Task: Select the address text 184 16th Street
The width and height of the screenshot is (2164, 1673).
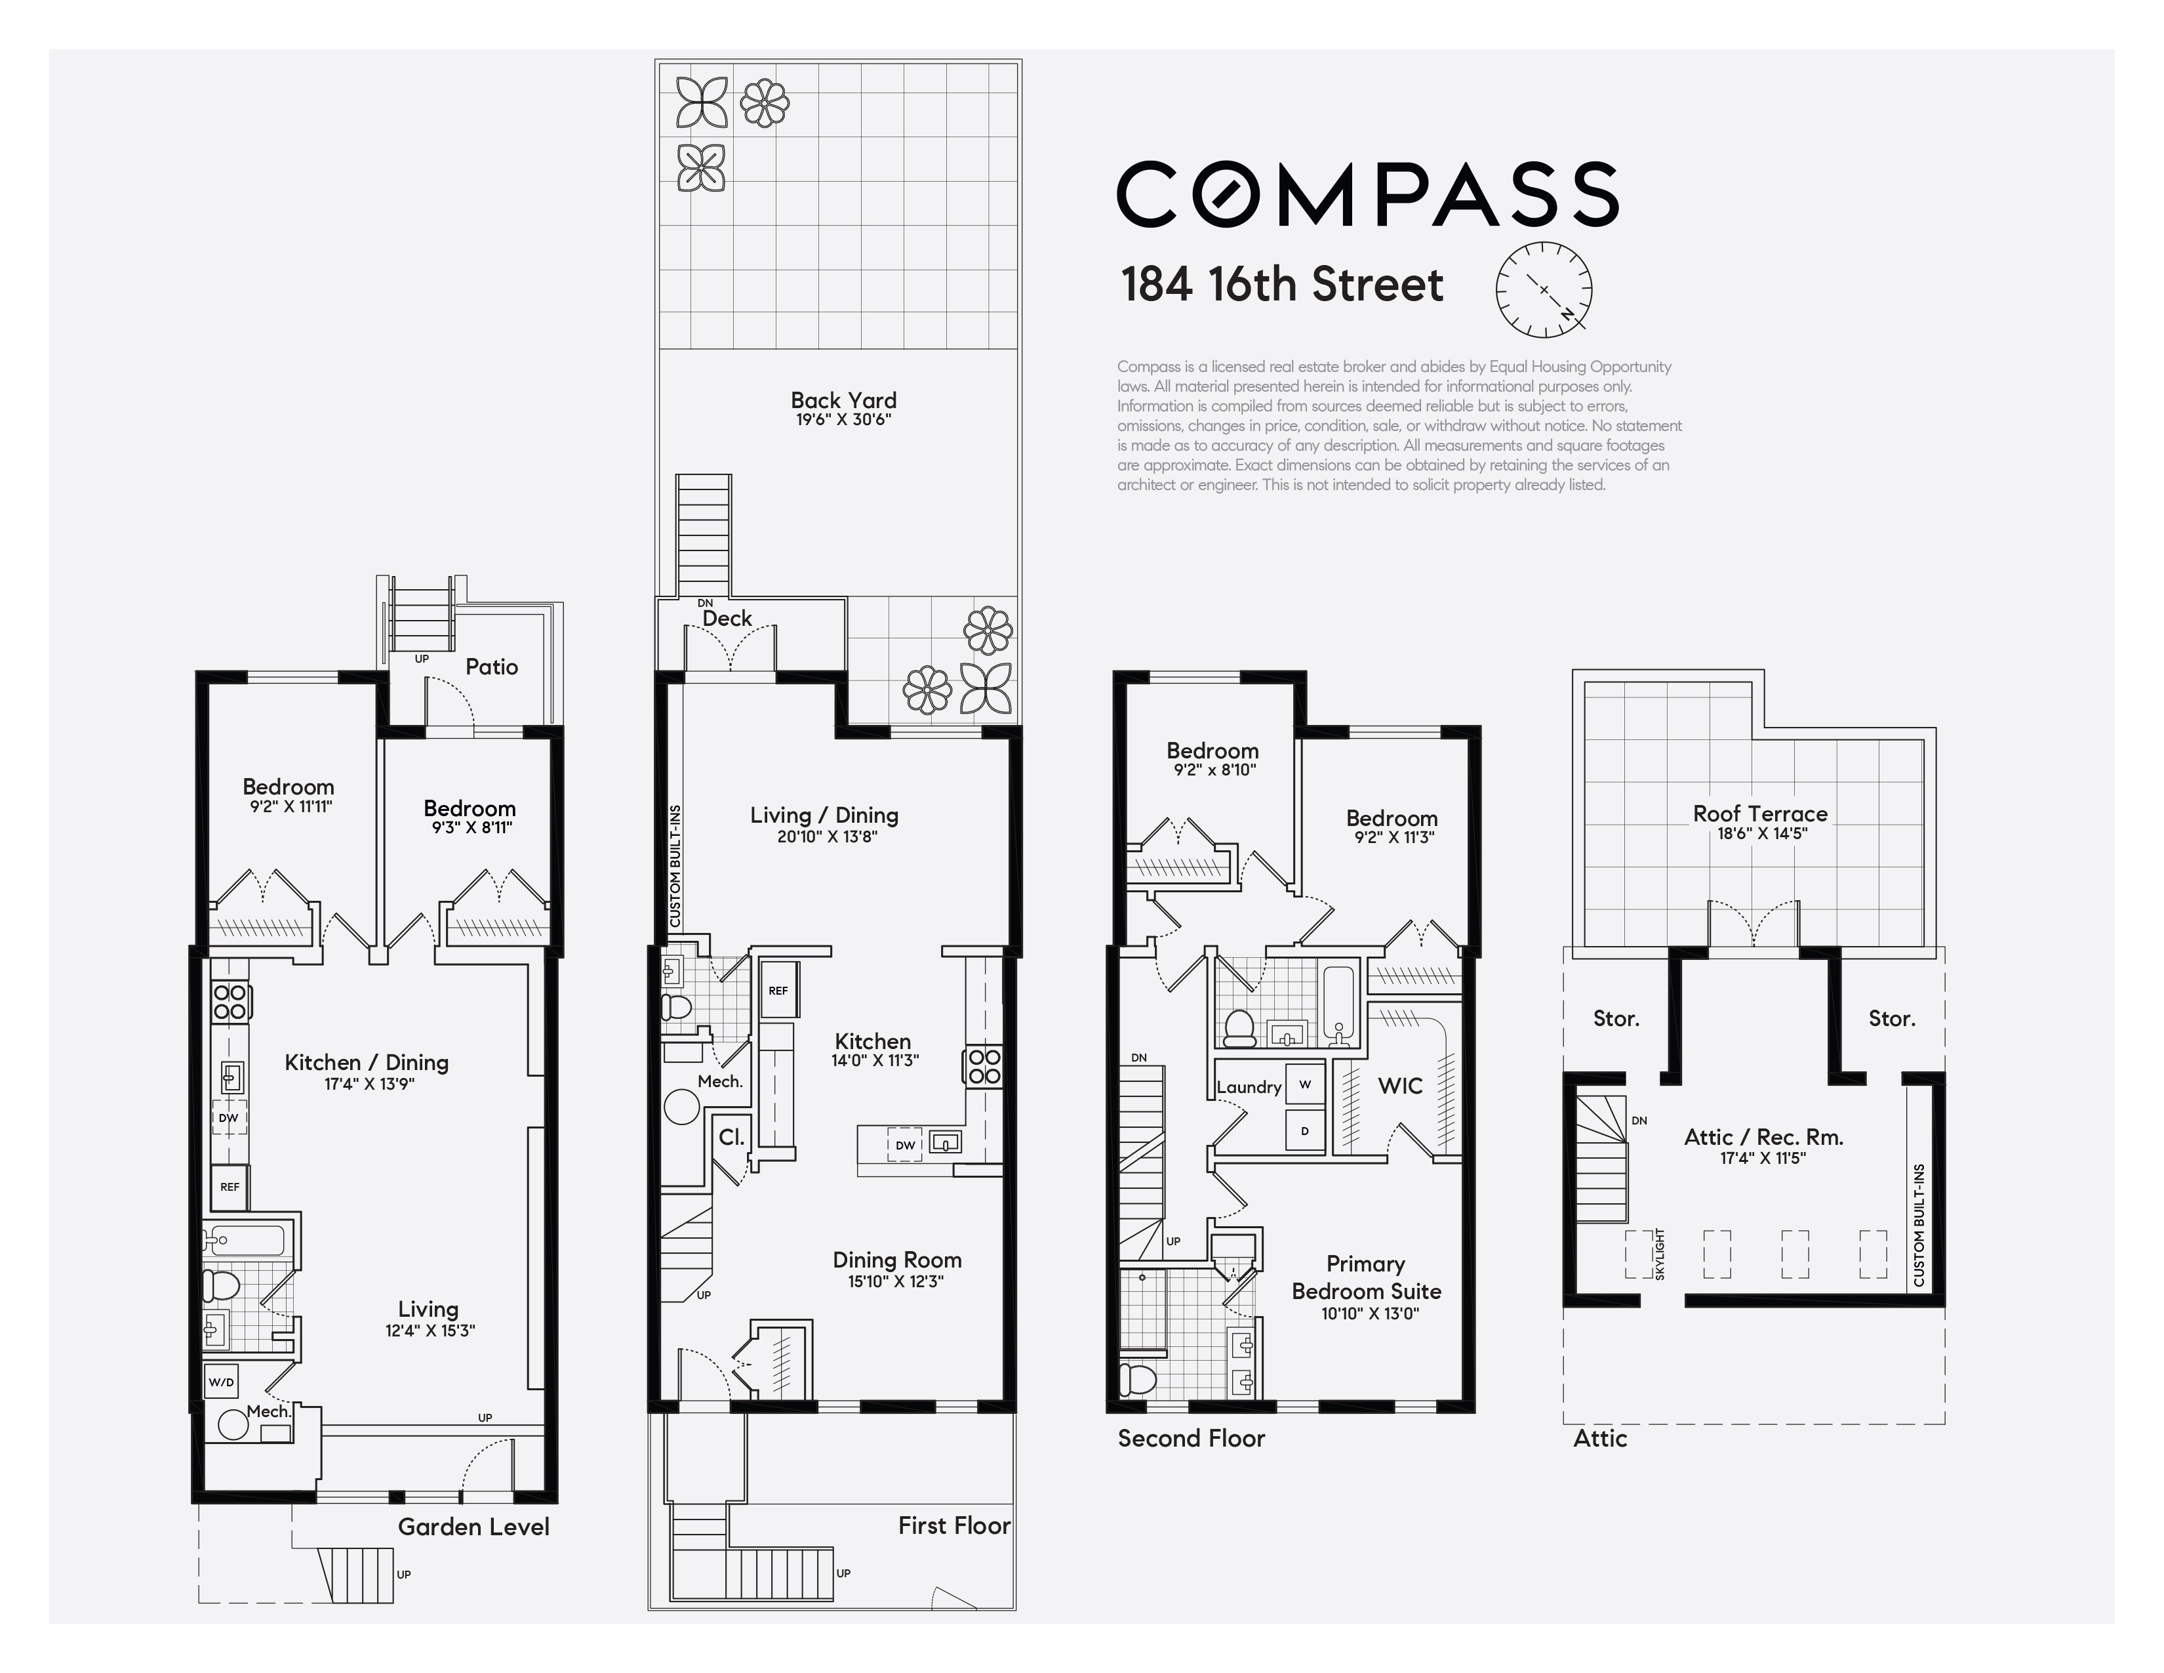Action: click(1282, 285)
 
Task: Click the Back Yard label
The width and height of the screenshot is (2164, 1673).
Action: click(843, 400)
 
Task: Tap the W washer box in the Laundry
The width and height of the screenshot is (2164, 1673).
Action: click(1305, 1084)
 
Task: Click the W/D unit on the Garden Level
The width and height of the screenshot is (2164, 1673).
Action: click(221, 1382)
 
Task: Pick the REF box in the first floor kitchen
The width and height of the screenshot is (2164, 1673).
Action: click(779, 990)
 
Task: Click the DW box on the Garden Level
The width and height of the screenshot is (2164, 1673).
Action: click(229, 1117)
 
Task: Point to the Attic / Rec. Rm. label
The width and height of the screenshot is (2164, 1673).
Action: click(1764, 1137)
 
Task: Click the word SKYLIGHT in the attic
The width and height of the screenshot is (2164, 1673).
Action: click(1660, 1254)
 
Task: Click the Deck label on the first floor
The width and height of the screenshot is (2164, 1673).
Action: click(727, 619)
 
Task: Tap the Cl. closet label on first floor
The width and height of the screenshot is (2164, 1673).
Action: click(731, 1137)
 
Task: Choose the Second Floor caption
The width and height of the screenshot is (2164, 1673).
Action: click(1191, 1438)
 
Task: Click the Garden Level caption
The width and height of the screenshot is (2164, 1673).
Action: click(473, 1526)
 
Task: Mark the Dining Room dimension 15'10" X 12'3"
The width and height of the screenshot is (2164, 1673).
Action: click(896, 1281)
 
